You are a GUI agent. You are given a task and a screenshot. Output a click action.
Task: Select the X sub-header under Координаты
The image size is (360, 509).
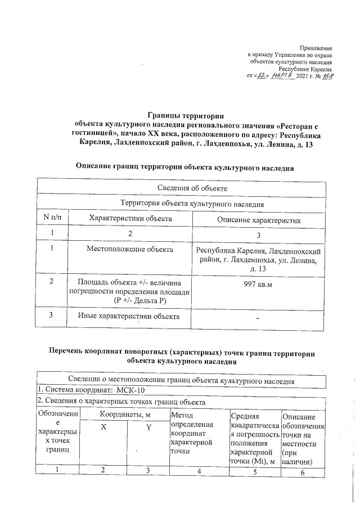pyautogui.click(x=103, y=428)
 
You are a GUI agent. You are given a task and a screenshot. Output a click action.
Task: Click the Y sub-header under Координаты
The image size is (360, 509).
pyautogui.click(x=148, y=428)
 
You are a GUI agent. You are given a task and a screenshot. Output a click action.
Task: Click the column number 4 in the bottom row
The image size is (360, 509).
pyautogui.click(x=199, y=472)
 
